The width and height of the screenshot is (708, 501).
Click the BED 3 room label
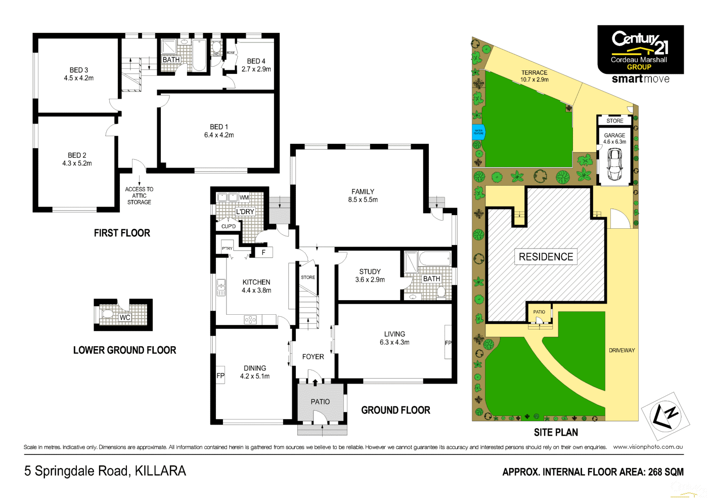(x=79, y=70)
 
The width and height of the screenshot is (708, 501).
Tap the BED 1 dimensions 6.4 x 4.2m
(x=219, y=135)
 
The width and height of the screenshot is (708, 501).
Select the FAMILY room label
(x=363, y=191)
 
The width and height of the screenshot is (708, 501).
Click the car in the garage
(x=614, y=164)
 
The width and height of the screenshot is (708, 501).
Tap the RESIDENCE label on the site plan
(x=546, y=257)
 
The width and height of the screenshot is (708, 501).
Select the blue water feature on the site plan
(x=478, y=132)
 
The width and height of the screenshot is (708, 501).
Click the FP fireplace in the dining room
(x=220, y=375)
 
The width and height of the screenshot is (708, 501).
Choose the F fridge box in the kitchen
(x=263, y=252)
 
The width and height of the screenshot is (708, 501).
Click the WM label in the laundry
(x=244, y=197)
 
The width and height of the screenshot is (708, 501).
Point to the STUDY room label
(x=370, y=271)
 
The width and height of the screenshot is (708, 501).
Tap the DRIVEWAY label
(x=622, y=350)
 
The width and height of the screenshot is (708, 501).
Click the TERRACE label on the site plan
(x=534, y=72)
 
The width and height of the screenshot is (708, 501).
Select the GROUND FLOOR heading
(x=395, y=410)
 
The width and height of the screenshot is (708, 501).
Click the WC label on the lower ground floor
(x=125, y=317)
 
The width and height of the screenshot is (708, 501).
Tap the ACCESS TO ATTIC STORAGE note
(x=139, y=196)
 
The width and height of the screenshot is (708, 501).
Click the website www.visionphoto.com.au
(x=648, y=447)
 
